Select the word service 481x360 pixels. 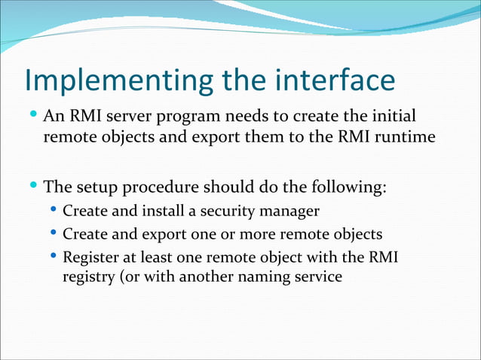317,277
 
